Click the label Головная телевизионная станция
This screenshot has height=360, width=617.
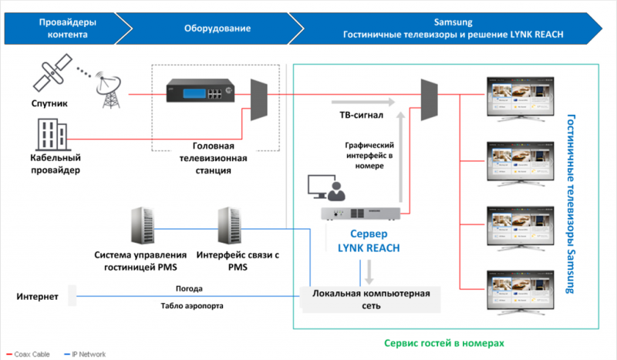coord(213,158)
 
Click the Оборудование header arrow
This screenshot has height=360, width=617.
coord(217,29)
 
